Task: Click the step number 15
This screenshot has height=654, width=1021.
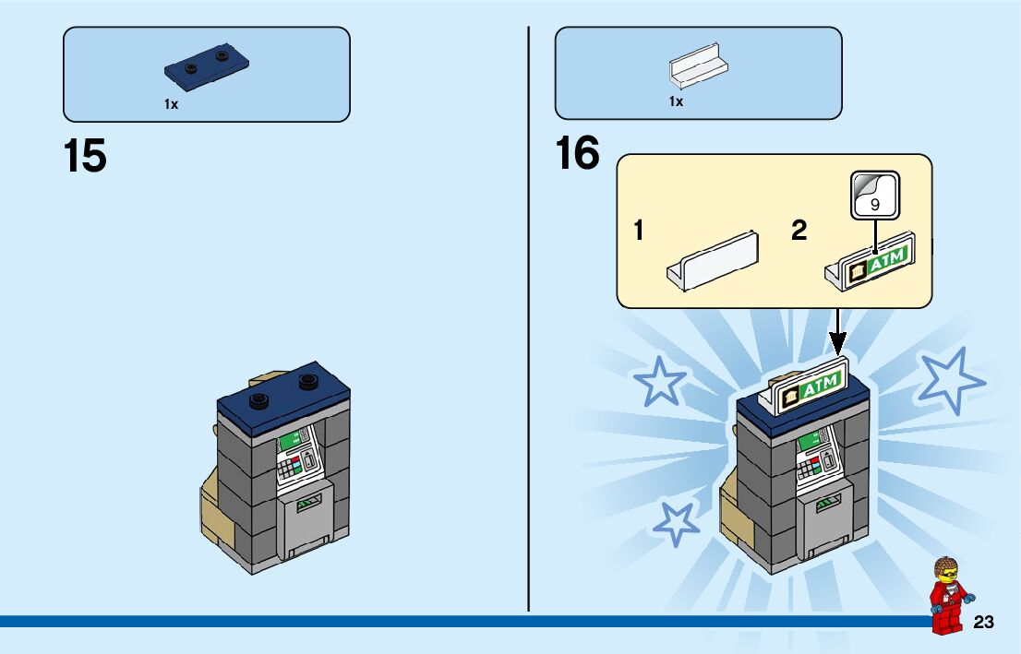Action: tap(85, 156)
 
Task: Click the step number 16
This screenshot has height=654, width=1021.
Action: tap(577, 153)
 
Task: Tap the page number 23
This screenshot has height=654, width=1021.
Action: tap(983, 623)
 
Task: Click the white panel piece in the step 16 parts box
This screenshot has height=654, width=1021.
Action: tap(699, 68)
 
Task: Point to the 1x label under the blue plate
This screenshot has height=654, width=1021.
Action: tap(171, 105)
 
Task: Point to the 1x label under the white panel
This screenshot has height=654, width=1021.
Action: tap(676, 101)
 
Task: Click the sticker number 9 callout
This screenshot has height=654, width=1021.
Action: tap(874, 196)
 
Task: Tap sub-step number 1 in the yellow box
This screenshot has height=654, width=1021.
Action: tap(639, 231)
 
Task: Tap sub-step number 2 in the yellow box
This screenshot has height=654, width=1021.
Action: tap(799, 231)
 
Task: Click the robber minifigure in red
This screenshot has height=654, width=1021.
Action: tap(946, 595)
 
